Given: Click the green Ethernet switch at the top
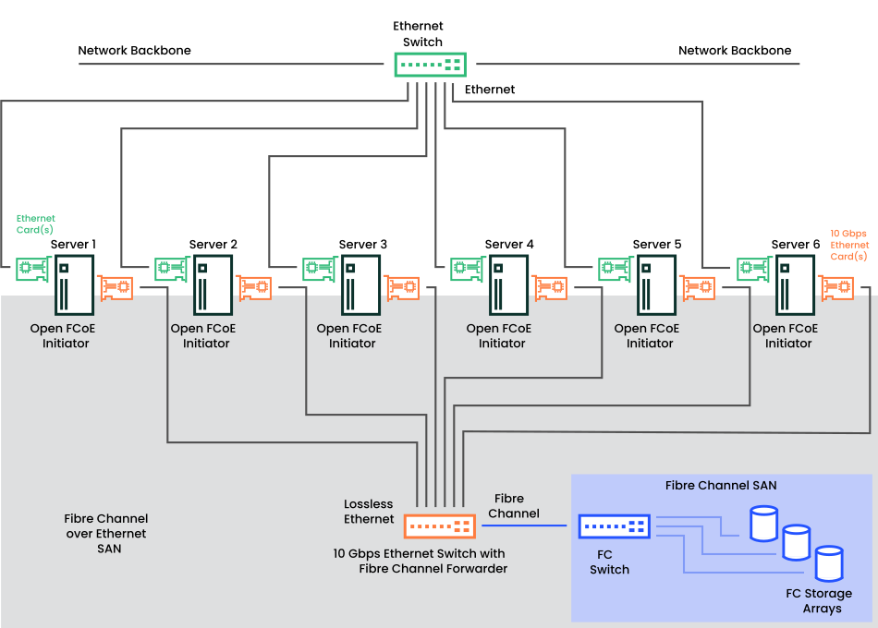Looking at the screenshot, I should pyautogui.click(x=430, y=65).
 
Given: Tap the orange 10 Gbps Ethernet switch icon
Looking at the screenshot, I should pyautogui.click(x=440, y=526).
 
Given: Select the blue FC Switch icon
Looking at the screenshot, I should pyautogui.click(x=614, y=526).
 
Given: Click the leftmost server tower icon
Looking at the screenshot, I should pyautogui.click(x=75, y=285).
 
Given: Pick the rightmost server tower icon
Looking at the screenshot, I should pyautogui.click(x=795, y=285).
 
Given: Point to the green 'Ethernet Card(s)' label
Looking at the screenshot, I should pyautogui.click(x=35, y=223).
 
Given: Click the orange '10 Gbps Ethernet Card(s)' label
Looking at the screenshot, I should pyautogui.click(x=848, y=245).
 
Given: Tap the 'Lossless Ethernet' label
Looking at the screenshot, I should pyautogui.click(x=369, y=512).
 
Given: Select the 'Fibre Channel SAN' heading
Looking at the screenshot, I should pyautogui.click(x=721, y=485).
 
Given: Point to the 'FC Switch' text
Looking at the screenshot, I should pyautogui.click(x=609, y=562).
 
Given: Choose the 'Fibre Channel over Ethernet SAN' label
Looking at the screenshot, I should pyautogui.click(x=106, y=534).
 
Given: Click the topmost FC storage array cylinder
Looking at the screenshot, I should pyautogui.click(x=763, y=523).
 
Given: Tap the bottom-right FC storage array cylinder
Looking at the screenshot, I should pyautogui.click(x=829, y=563).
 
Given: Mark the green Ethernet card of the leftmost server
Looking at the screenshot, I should pyautogui.click(x=33, y=270).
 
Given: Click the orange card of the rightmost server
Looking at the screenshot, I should pyautogui.click(x=837, y=288).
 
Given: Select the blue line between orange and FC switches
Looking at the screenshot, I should pyautogui.click(x=524, y=525).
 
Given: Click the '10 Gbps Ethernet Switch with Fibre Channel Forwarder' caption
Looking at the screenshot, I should pyautogui.click(x=421, y=562).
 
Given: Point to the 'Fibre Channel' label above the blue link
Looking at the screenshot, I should pyautogui.click(x=514, y=506).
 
